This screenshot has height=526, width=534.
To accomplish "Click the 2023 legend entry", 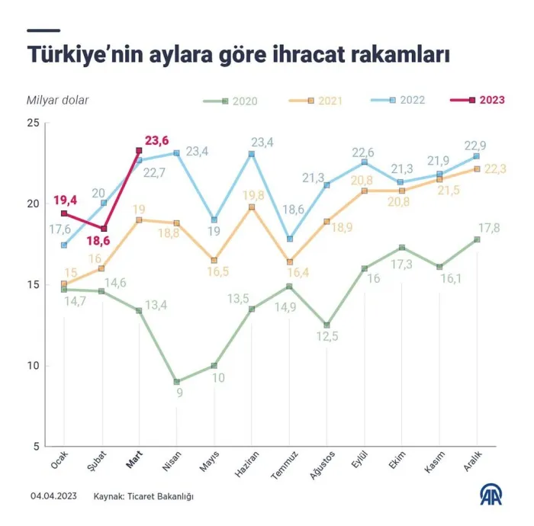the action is [478, 100].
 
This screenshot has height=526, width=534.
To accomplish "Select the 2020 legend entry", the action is [230, 101].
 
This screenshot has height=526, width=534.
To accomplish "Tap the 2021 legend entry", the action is [316, 101].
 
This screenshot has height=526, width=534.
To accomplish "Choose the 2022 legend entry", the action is [397, 100].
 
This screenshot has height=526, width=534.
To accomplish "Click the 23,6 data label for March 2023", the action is [156, 140].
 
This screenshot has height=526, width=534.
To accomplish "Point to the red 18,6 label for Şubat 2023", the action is [98, 241].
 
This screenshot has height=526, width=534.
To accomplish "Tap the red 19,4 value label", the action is [65, 200].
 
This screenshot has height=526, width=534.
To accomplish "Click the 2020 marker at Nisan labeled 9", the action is [176, 382].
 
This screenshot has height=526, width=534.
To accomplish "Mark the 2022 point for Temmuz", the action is [290, 239].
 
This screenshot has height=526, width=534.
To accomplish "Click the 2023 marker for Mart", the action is [139, 150].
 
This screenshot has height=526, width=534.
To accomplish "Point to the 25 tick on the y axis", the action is [33, 123].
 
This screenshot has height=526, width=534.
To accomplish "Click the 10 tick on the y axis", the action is [34, 366].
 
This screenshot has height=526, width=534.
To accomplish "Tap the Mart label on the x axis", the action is [134, 460].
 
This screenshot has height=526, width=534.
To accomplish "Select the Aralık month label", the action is [473, 460].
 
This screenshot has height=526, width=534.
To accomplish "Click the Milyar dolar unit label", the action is [57, 101].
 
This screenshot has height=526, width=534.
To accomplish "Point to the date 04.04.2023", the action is [53, 496].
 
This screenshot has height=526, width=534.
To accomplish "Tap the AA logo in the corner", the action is [491, 494].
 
